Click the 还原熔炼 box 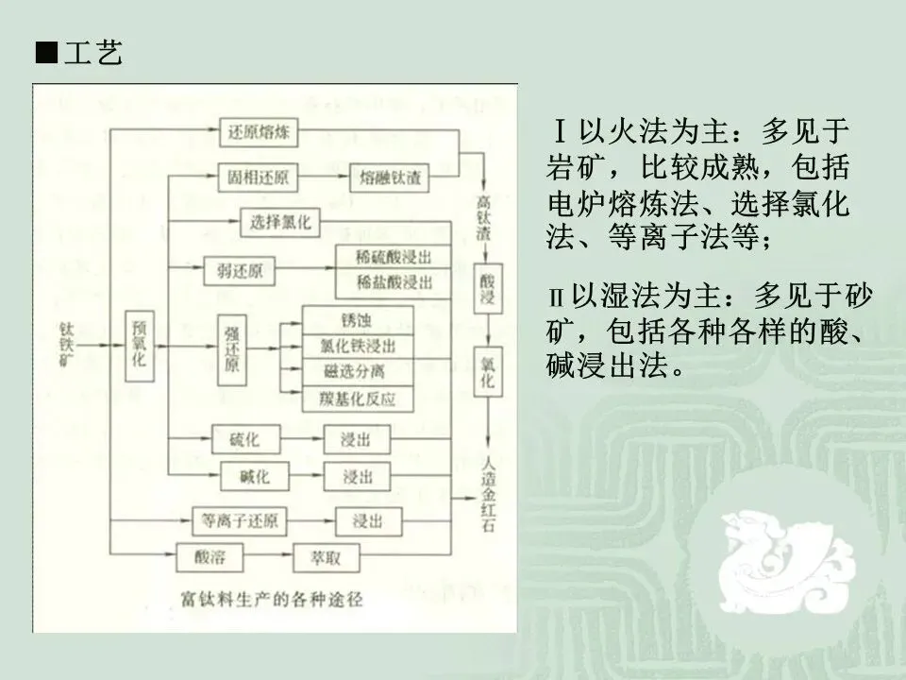tap(260, 133)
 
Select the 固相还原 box tap(258, 178)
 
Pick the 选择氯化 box tap(280, 223)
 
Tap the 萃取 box tap(327, 557)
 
